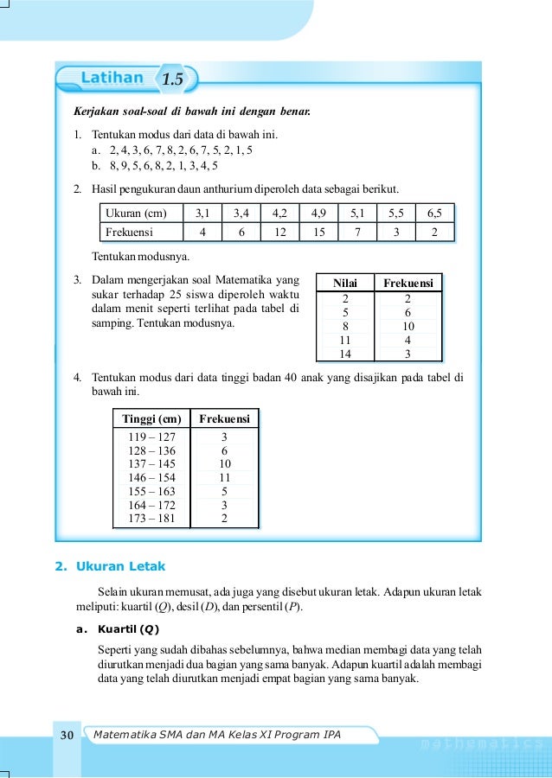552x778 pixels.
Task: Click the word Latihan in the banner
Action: [x=112, y=79]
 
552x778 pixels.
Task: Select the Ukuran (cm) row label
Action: [x=135, y=213]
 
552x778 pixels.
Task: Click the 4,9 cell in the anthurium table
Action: [x=318, y=213]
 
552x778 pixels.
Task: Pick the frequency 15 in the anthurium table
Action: [x=318, y=232]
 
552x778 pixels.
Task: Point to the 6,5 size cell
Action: [x=434, y=213]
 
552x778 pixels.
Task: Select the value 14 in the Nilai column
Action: [x=345, y=354]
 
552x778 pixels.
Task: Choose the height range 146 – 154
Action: [x=151, y=477]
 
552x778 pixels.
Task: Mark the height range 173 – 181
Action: [x=151, y=519]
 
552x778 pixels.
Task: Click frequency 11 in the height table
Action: [x=224, y=477]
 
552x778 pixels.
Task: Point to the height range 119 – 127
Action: [x=151, y=437]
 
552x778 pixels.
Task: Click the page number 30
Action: [x=67, y=735]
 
